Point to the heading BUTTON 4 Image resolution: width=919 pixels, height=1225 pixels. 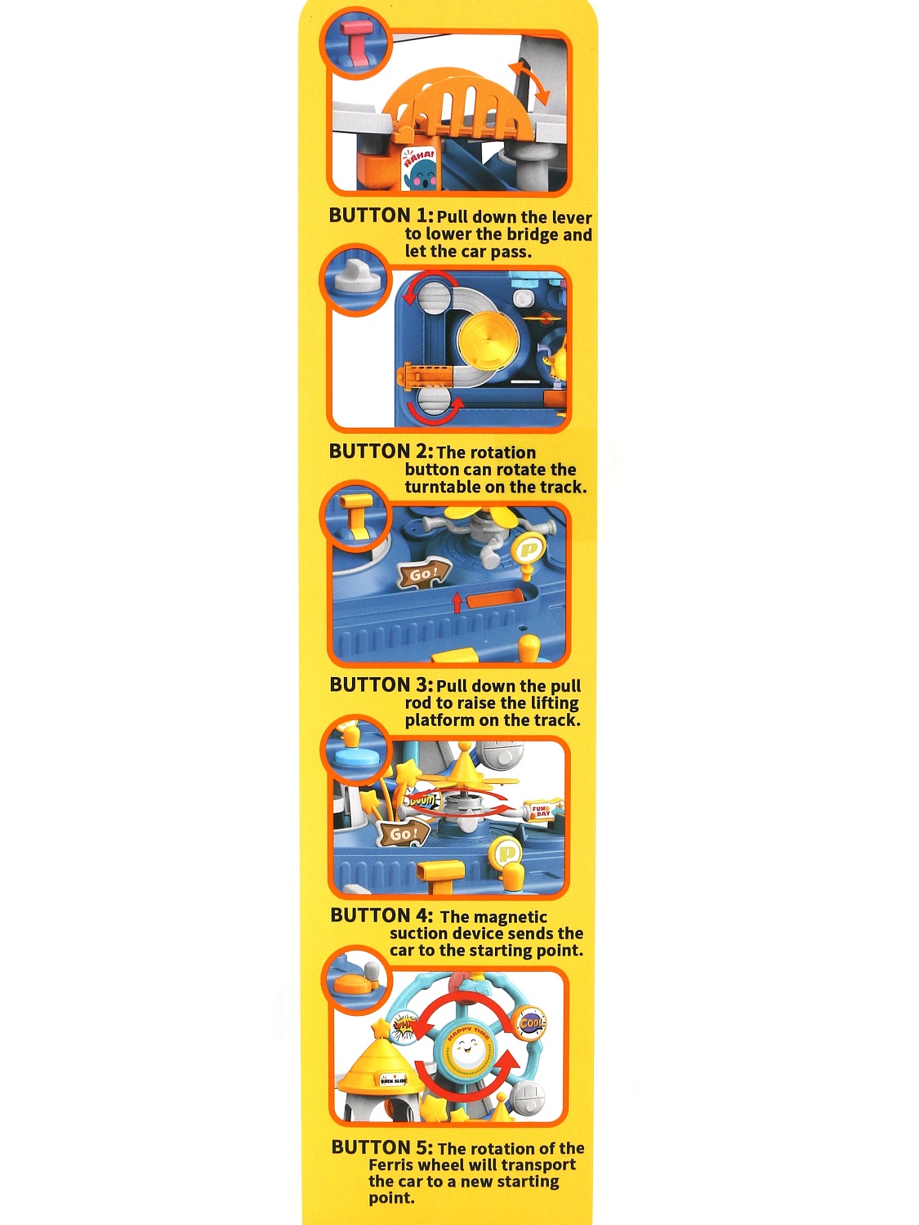[x=381, y=915]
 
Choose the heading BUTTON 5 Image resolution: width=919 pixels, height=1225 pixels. [x=382, y=1147]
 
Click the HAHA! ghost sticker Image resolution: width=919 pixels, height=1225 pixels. [x=418, y=169]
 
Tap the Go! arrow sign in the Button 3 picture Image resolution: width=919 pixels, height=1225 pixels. [x=423, y=574]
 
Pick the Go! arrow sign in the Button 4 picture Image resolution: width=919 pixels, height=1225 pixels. [x=404, y=834]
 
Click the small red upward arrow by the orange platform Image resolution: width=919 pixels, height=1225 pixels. [x=457, y=603]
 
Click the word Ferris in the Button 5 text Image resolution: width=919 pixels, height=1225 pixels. [x=394, y=1165]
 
